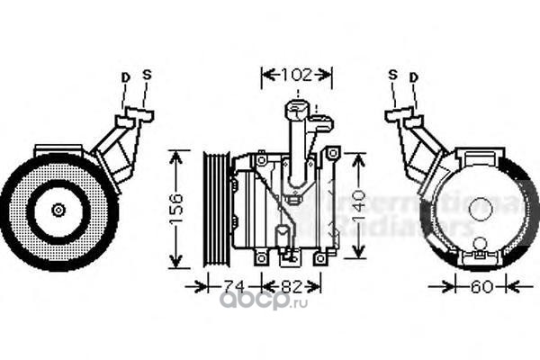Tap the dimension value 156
[x=176, y=210]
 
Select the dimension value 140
[x=358, y=211]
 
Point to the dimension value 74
[x=234, y=287]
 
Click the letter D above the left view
[x=125, y=77]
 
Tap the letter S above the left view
[x=147, y=75]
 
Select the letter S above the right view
[x=392, y=75]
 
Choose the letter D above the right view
[x=413, y=77]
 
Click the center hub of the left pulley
[x=58, y=210]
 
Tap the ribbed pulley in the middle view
[x=215, y=210]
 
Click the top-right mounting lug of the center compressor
[x=329, y=155]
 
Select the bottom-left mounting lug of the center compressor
[x=260, y=258]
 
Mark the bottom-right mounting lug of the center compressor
[x=319, y=258]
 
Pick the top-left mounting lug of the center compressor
[x=261, y=159]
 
